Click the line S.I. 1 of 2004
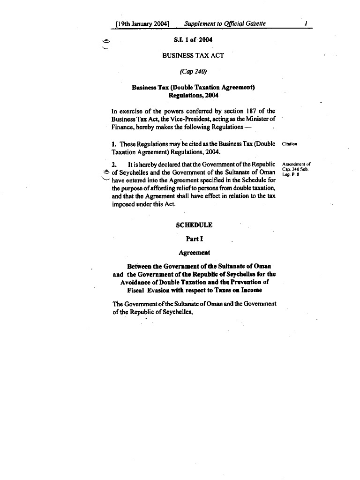coord(193,40)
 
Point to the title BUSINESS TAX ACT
coord(193,55)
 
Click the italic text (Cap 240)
coord(193,72)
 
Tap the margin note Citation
coord(289,144)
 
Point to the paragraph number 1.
coord(114,144)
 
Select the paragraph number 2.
coord(114,165)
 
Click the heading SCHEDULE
coord(194,225)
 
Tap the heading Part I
coord(194,239)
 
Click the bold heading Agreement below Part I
coord(194,253)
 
